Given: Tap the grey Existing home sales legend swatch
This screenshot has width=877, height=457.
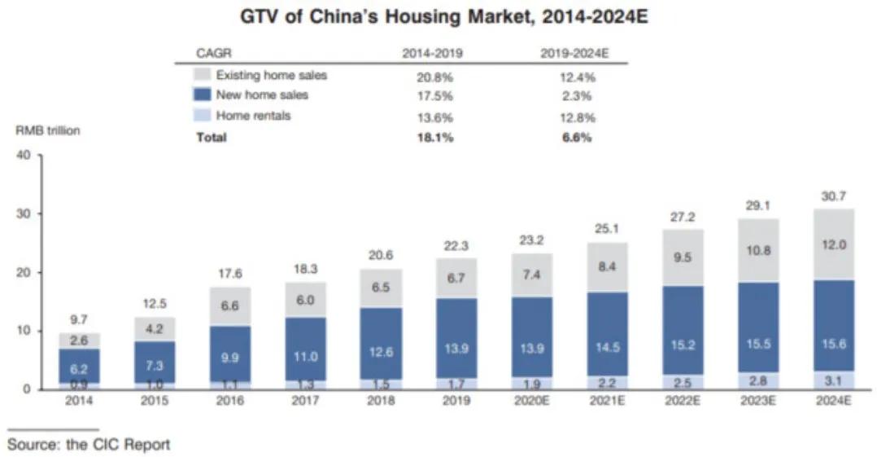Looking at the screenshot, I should pyautogui.click(x=203, y=75).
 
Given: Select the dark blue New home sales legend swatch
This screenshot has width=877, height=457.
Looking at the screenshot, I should pyautogui.click(x=203, y=95).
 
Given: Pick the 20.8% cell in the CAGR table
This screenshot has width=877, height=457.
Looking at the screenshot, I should pyautogui.click(x=433, y=77).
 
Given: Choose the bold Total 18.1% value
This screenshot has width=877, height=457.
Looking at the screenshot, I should pyautogui.click(x=433, y=138).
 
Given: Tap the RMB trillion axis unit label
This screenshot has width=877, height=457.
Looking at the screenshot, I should pyautogui.click(x=47, y=130).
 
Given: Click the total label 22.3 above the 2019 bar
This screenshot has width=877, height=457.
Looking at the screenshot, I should pyautogui.click(x=456, y=246).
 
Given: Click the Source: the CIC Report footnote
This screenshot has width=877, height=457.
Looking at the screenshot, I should pyautogui.click(x=89, y=444).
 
